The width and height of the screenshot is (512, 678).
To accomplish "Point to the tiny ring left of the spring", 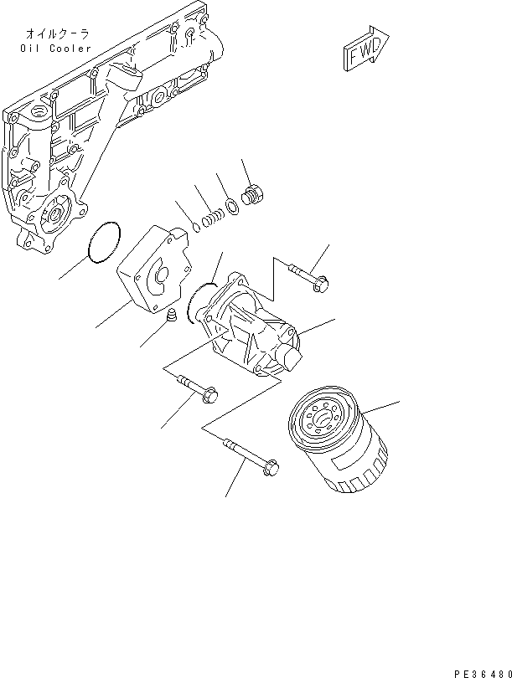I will click(195, 223).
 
